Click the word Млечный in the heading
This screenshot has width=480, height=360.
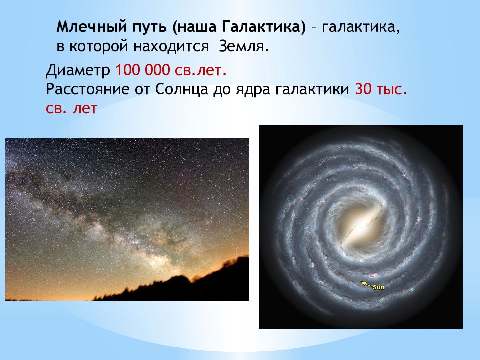pos(92,27)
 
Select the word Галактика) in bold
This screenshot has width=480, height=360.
pos(263,27)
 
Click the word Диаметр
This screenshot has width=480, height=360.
pos(78,70)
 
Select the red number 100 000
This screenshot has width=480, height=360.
pos(142,70)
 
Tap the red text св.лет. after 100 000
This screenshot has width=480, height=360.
pos(201,70)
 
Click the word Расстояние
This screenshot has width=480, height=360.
pos(87,90)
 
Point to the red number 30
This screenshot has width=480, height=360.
pos(363,89)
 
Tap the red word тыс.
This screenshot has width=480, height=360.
pos(393,90)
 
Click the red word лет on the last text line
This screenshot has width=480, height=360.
pos(85,109)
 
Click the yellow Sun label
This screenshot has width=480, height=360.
pos(378,287)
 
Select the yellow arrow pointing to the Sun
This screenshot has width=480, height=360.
pos(366,284)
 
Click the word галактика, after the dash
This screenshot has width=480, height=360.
pos(361,27)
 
